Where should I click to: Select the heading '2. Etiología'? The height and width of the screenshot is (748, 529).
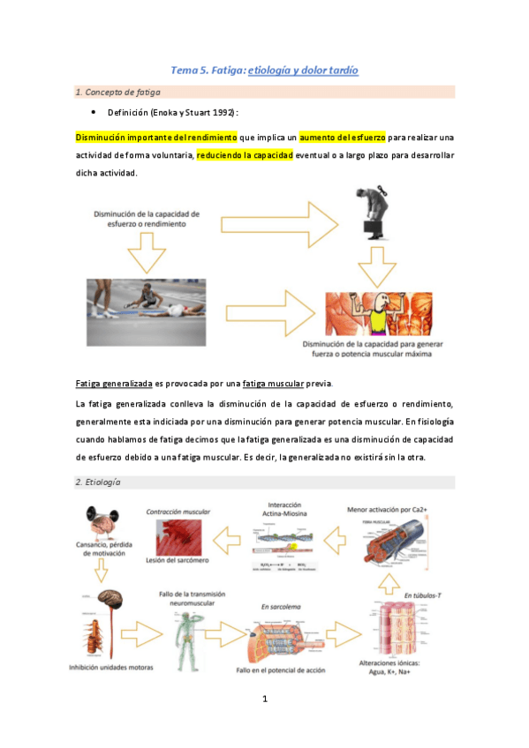(98, 482)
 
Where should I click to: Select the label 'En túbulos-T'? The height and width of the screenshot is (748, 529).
(422, 596)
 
